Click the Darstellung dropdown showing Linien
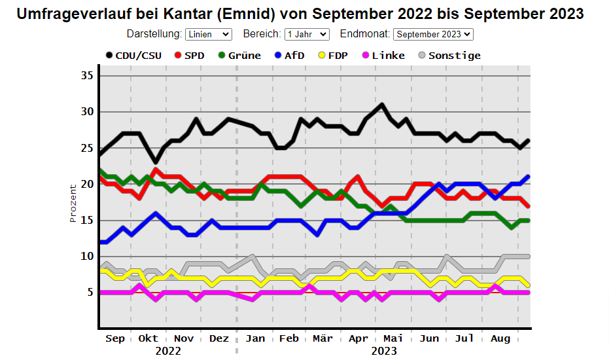(x=209, y=34)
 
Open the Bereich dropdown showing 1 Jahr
(x=307, y=34)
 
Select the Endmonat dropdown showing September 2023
(x=433, y=34)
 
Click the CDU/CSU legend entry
(x=133, y=56)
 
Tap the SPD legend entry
(x=189, y=56)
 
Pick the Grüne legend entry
(x=239, y=56)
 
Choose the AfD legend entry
(x=289, y=56)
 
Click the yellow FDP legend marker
(x=322, y=55)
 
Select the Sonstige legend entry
(x=449, y=56)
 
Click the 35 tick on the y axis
(x=88, y=75)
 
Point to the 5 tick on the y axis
(x=90, y=292)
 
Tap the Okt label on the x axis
(x=148, y=338)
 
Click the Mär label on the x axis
(x=322, y=338)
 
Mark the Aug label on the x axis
(x=500, y=338)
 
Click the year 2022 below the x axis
(x=168, y=351)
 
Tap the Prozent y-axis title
(x=73, y=204)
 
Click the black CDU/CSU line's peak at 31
(x=382, y=104)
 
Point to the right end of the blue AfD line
(x=529, y=177)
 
